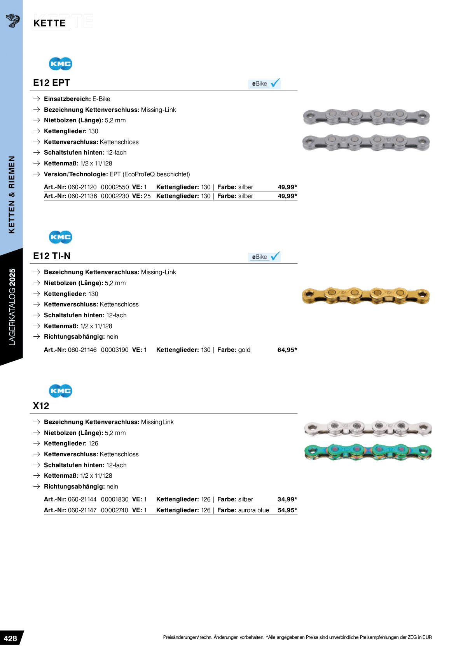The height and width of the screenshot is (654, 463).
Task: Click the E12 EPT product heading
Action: tap(51, 83)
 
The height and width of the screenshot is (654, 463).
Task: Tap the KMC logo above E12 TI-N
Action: tap(60, 237)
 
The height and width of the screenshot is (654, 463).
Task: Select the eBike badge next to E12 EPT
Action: tap(264, 83)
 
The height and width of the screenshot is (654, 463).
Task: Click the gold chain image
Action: tap(366, 296)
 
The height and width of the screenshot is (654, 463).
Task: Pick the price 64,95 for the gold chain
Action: tap(287, 350)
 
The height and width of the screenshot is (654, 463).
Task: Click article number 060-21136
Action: tap(82, 196)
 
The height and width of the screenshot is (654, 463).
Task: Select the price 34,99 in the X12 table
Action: tap(287, 499)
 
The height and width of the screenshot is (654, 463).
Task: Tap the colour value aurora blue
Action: tap(253, 510)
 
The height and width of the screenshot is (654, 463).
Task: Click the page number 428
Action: tap(10, 638)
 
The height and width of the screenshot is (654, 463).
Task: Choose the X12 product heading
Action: tap(41, 406)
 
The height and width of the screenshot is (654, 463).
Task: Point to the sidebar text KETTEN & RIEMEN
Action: tap(12, 195)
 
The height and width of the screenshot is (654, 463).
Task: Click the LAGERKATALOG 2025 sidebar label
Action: tap(12, 307)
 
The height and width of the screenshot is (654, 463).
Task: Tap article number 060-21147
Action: tap(82, 510)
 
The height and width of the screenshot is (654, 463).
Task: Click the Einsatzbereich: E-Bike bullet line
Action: tap(77, 99)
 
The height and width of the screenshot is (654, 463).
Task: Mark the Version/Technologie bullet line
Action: tap(117, 174)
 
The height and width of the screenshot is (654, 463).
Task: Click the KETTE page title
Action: tap(50, 23)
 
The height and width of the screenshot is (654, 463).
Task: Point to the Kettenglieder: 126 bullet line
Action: tap(71, 444)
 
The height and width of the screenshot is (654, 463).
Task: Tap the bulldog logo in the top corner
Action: tap(13, 20)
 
